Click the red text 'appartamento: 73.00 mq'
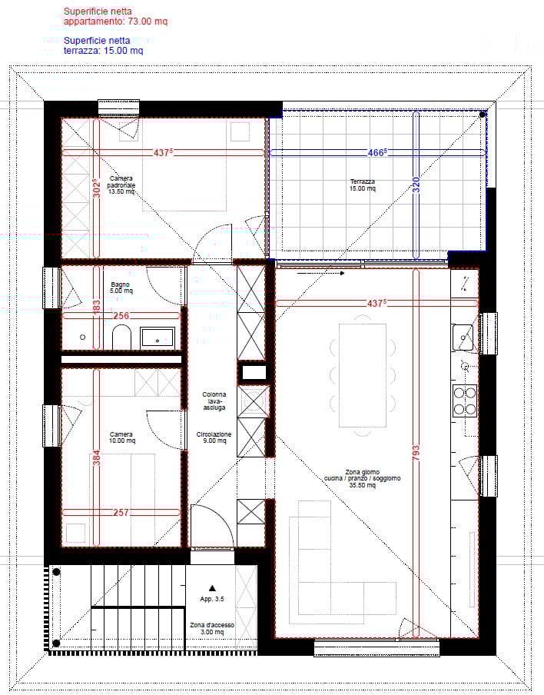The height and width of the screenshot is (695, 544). [115, 22]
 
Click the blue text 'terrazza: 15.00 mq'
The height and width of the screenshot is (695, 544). [103, 51]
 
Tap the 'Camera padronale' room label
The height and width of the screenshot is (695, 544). [121, 185]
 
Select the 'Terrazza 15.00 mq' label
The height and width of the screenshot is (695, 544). [362, 185]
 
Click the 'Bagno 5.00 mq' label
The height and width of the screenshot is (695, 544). [121, 288]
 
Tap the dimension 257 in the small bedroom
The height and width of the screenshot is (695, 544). [121, 512]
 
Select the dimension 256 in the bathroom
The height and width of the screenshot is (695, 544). [121, 315]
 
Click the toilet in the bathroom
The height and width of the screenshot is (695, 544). [122, 336]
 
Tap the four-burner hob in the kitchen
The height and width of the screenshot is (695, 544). [464, 400]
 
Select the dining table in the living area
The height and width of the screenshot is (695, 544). [362, 374]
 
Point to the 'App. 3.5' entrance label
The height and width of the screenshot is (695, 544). [212, 597]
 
